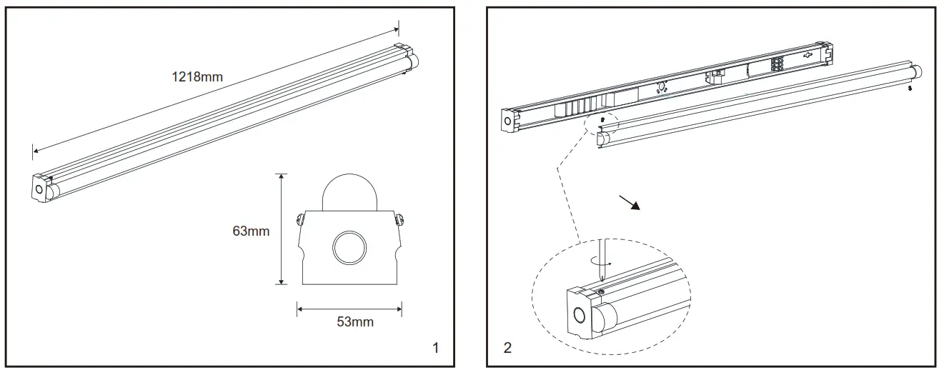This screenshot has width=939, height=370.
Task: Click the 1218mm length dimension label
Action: tap(197, 77)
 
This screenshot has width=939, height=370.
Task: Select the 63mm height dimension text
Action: tap(251, 231)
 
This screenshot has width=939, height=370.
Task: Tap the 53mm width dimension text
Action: tap(355, 321)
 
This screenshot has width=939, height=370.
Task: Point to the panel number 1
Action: tap(436, 348)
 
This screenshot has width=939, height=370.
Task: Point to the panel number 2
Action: tap(507, 349)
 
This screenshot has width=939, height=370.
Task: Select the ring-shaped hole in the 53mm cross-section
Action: tap(349, 247)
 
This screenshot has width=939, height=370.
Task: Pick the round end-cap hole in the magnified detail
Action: tap(580, 316)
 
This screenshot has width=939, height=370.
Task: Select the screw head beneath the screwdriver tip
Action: tap(602, 291)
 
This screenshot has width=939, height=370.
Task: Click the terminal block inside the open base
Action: tap(777, 62)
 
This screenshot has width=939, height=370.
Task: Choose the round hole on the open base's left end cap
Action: tap(508, 121)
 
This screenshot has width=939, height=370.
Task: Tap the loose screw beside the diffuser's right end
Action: tap(910, 89)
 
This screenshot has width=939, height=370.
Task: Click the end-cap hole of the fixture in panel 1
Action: tap(38, 190)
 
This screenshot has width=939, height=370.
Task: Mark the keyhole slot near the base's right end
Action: tap(808, 54)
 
